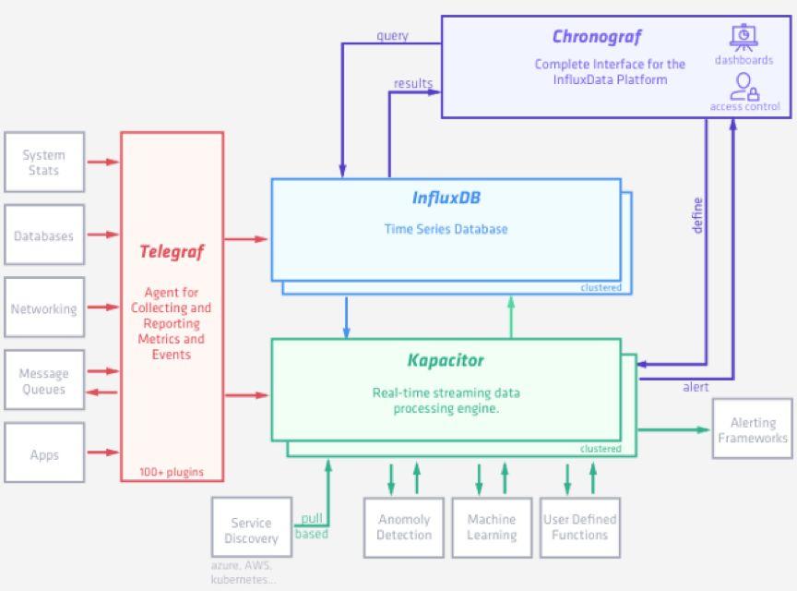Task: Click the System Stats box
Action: [x=44, y=163]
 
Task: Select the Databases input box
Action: [x=44, y=235]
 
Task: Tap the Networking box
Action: [x=44, y=308]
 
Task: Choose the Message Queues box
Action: [x=44, y=380]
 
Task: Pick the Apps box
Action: [x=44, y=453]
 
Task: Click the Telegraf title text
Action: [x=172, y=251]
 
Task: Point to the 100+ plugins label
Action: [x=172, y=472]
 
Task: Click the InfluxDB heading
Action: [x=446, y=199]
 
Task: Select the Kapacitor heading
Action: [x=446, y=360]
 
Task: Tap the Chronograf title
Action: [x=596, y=37]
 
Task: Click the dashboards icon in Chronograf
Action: [x=743, y=38]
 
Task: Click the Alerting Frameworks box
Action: [x=753, y=429]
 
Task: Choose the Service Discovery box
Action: [x=251, y=529]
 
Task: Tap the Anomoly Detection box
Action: [x=404, y=527]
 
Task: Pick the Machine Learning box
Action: [x=492, y=527]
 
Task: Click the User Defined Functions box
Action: [x=579, y=527]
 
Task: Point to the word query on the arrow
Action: [x=392, y=36]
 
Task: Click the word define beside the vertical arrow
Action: [x=697, y=215]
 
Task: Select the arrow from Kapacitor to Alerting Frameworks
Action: [x=673, y=429]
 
